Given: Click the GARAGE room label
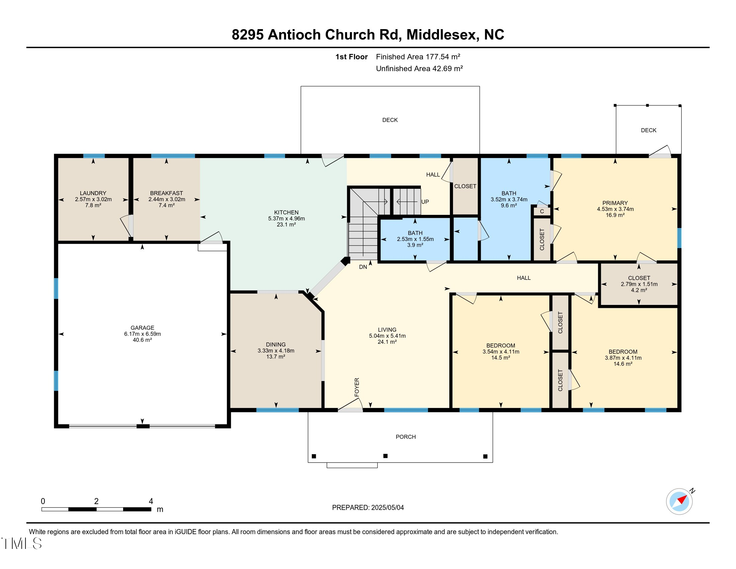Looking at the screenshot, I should (x=142, y=328).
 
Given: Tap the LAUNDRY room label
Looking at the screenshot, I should (x=93, y=193).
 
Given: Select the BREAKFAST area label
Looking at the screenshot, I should (x=167, y=193).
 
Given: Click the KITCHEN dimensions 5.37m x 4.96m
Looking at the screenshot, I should (x=286, y=219).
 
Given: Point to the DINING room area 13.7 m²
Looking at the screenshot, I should (x=276, y=357).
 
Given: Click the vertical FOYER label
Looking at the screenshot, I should (x=357, y=387).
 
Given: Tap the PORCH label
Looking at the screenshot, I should (x=405, y=437).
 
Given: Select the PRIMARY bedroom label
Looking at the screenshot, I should (x=615, y=203).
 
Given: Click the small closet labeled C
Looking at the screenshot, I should (x=542, y=211).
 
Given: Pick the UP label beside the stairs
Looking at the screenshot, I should (x=425, y=202).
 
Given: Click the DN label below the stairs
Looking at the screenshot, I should (x=363, y=267).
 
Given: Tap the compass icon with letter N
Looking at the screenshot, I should (x=679, y=501).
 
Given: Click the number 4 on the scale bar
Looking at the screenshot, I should (x=151, y=501).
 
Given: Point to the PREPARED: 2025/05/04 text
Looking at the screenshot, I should (x=368, y=508).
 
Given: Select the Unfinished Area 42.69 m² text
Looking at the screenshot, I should (x=419, y=69).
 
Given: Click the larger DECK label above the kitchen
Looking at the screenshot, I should (x=390, y=120).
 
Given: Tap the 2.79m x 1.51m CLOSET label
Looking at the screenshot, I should (x=639, y=284).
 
